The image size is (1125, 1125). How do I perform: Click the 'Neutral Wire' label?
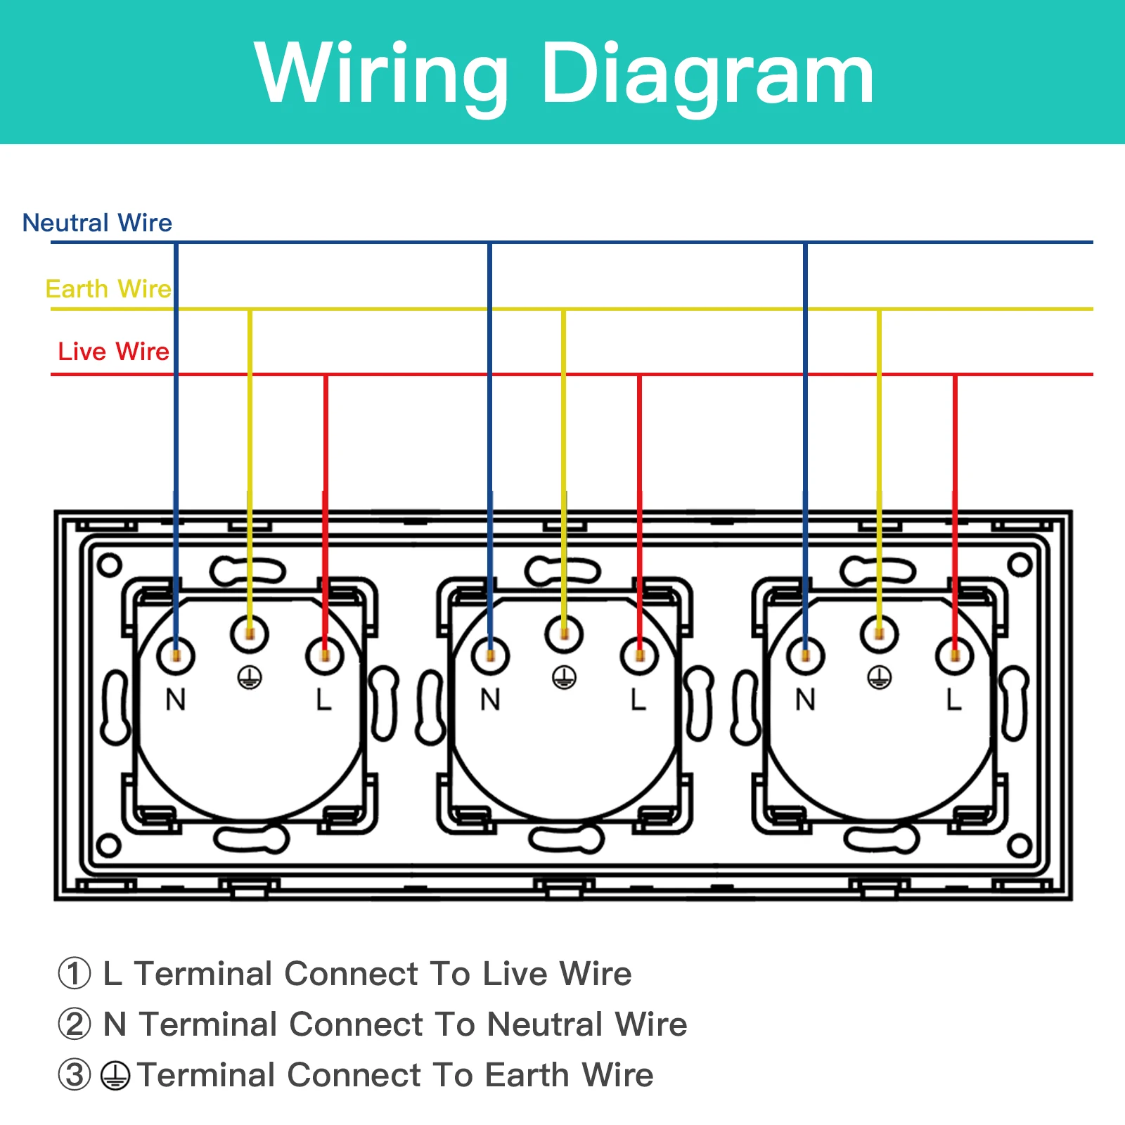coord(97,223)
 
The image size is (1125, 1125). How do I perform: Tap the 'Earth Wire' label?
coord(108,289)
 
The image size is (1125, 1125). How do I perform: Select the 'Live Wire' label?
coord(113,352)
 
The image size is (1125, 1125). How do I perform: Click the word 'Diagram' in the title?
coord(707,74)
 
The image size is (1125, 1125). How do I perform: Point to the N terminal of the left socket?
coord(176,656)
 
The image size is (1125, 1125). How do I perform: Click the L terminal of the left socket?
coord(324,656)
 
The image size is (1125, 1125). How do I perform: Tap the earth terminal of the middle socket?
coord(564,634)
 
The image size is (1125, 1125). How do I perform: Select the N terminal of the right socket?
coord(805,656)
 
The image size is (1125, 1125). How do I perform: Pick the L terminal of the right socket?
coord(954,656)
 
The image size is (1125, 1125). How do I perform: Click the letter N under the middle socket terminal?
coord(490,700)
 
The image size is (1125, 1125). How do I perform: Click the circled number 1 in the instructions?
coord(75,974)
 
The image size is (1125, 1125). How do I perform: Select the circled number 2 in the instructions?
coord(75,1024)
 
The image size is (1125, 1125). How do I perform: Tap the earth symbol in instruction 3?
coord(115,1076)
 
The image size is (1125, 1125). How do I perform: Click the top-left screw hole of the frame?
coord(110,565)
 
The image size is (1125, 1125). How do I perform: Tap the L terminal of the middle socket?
coord(639,656)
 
